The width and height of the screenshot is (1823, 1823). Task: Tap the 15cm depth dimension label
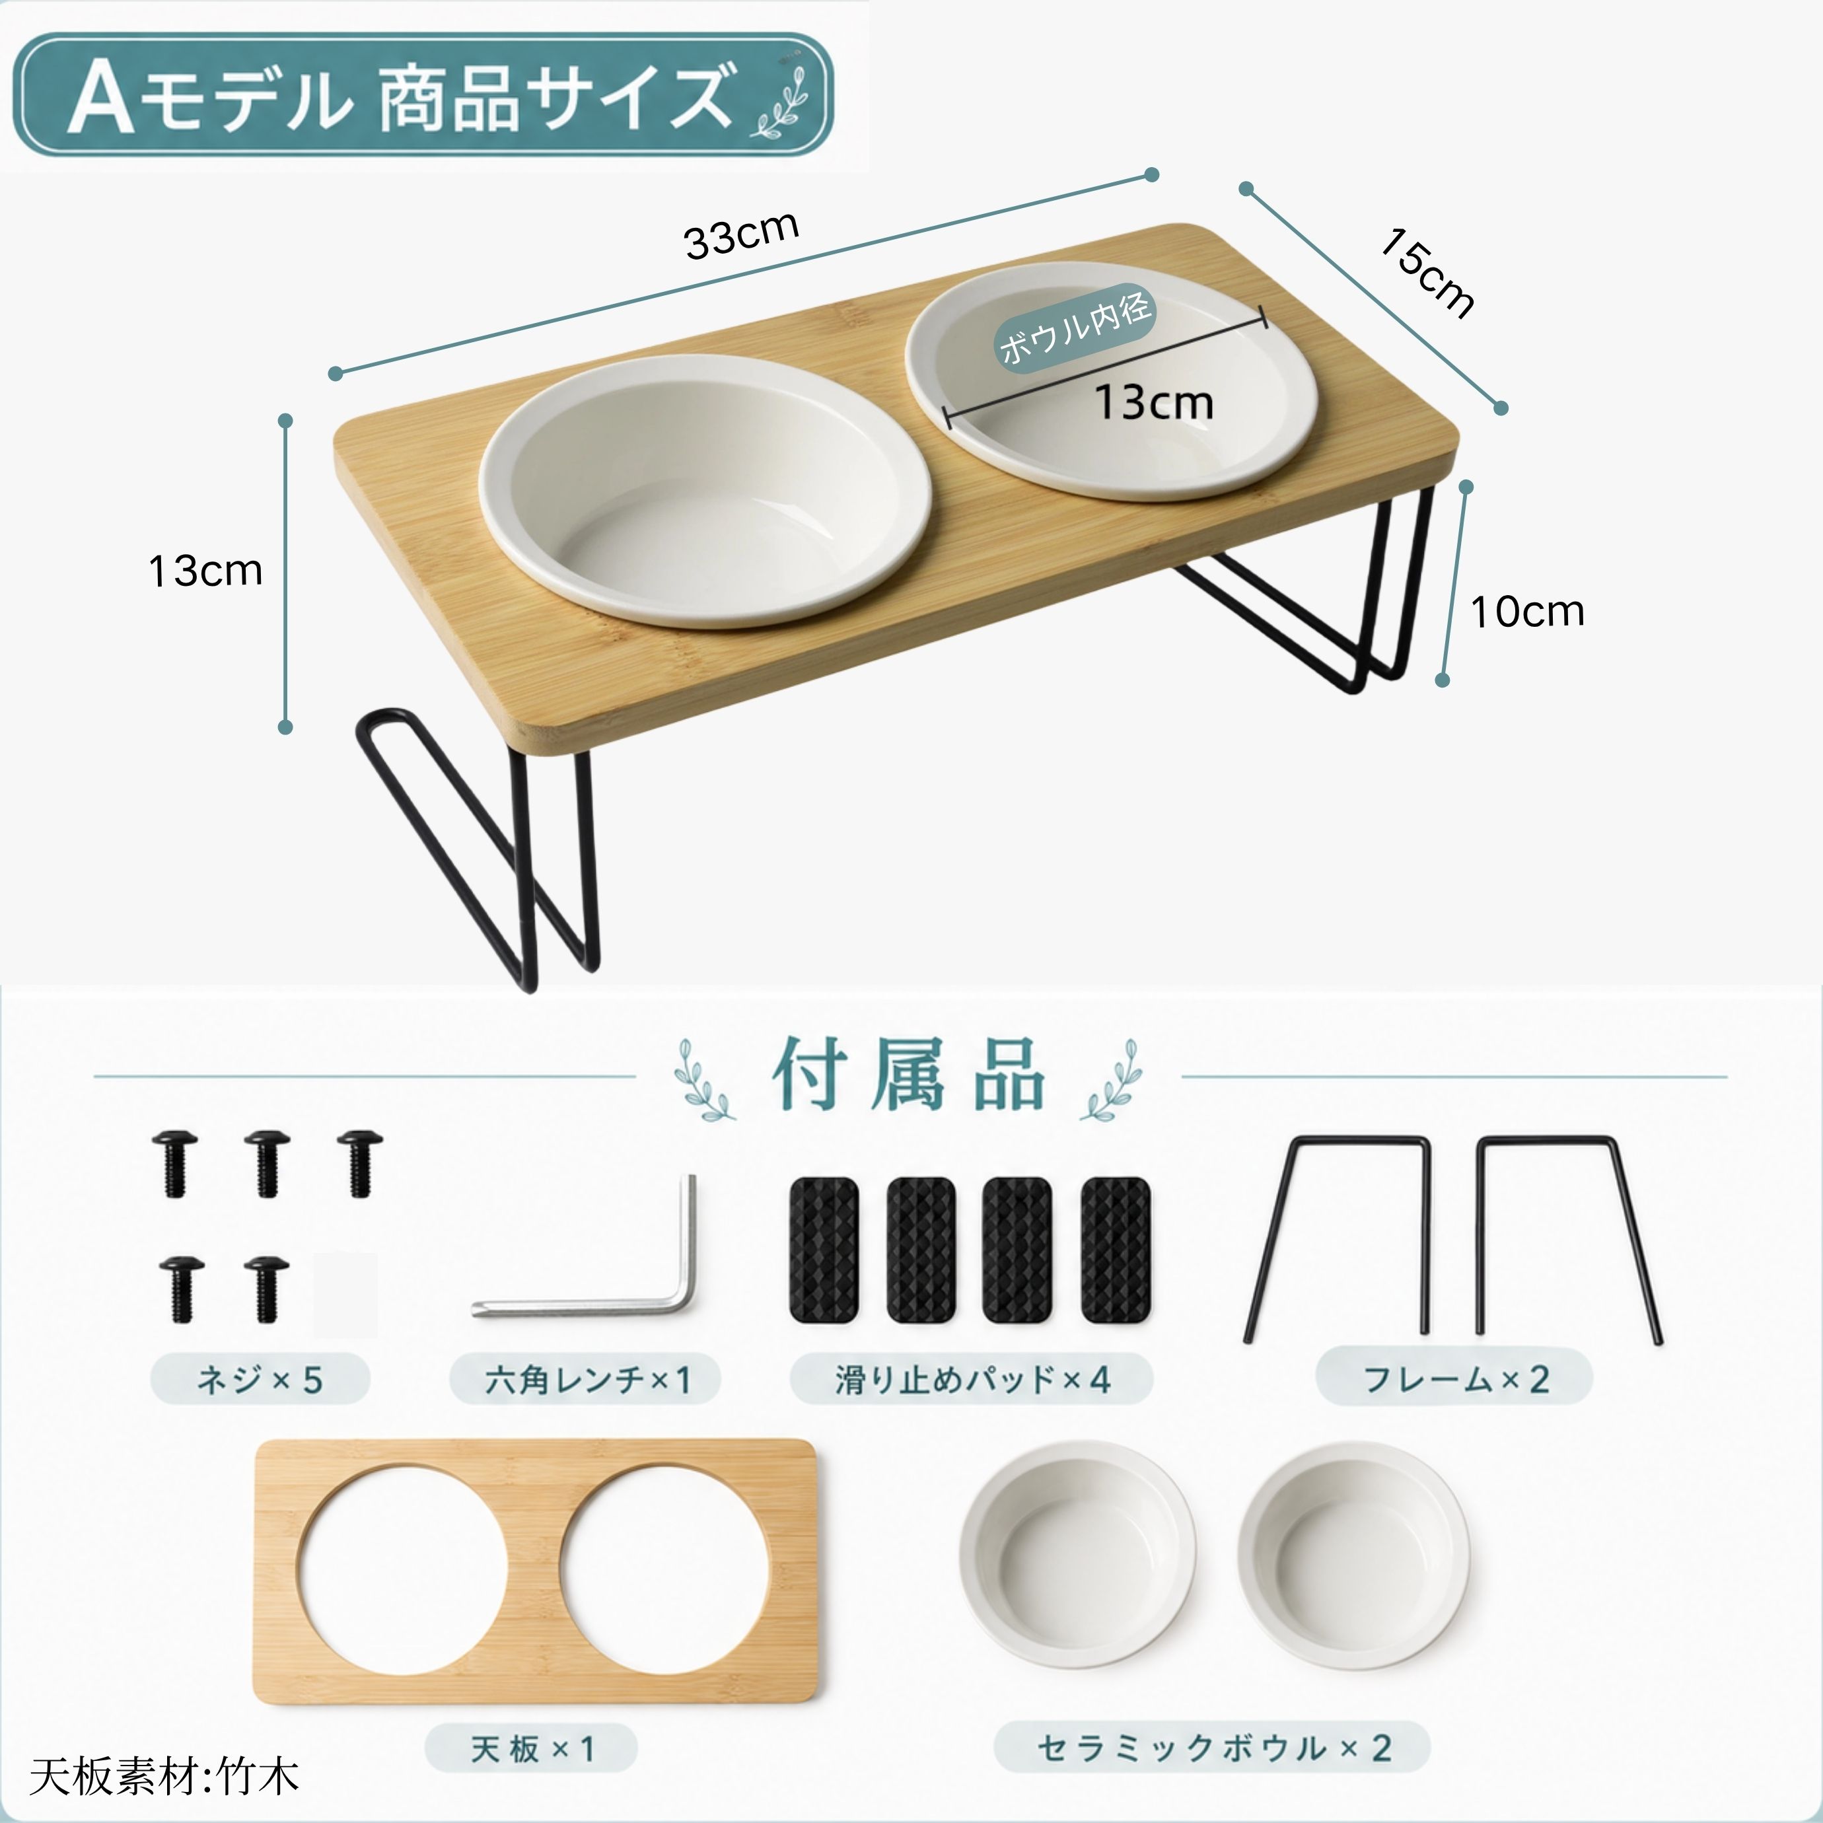(x=1427, y=273)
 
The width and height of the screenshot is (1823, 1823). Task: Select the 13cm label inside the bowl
(x=1154, y=403)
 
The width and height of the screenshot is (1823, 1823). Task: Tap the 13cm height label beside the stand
(x=205, y=571)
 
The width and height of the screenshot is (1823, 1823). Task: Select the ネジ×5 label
(x=260, y=1380)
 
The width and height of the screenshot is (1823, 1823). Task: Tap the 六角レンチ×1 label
(x=586, y=1380)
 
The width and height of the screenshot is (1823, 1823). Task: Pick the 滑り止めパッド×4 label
(x=972, y=1380)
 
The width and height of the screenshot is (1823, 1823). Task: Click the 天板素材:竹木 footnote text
(x=164, y=1776)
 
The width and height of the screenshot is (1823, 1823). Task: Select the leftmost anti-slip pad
(x=824, y=1249)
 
